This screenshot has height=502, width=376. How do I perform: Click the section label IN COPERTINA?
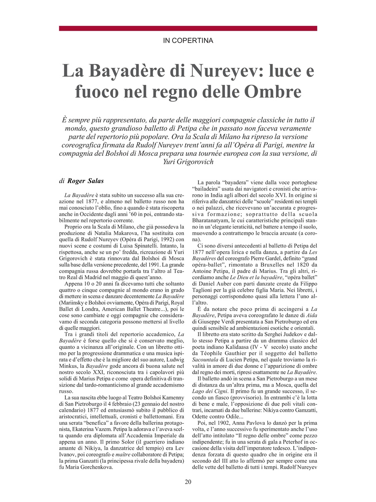pyautogui.click(x=188, y=40)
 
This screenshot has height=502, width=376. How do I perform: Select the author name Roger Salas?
pyautogui.click(x=86, y=181)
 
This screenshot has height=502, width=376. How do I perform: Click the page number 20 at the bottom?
pyautogui.click(x=188, y=482)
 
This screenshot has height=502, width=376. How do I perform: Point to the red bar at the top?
pyautogui.click(x=188, y=28)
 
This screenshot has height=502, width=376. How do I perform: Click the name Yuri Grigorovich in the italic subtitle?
pyautogui.click(x=188, y=161)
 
